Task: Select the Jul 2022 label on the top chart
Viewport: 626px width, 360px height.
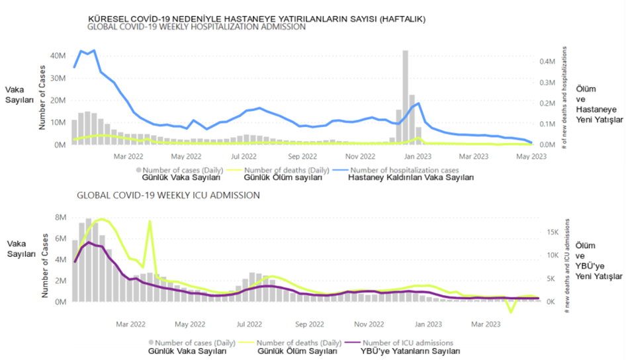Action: (x=244, y=157)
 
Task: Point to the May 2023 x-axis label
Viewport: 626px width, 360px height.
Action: (x=531, y=157)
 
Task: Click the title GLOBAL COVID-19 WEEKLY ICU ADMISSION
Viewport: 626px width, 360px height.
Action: (x=168, y=196)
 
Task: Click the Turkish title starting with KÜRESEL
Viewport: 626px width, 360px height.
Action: (x=257, y=19)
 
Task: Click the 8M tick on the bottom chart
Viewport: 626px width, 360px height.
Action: (x=60, y=217)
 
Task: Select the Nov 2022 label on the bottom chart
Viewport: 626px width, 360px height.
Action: (x=369, y=324)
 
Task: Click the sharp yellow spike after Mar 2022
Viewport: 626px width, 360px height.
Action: (x=150, y=222)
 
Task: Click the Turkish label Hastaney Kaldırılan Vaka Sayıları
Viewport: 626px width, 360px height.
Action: (x=410, y=177)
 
